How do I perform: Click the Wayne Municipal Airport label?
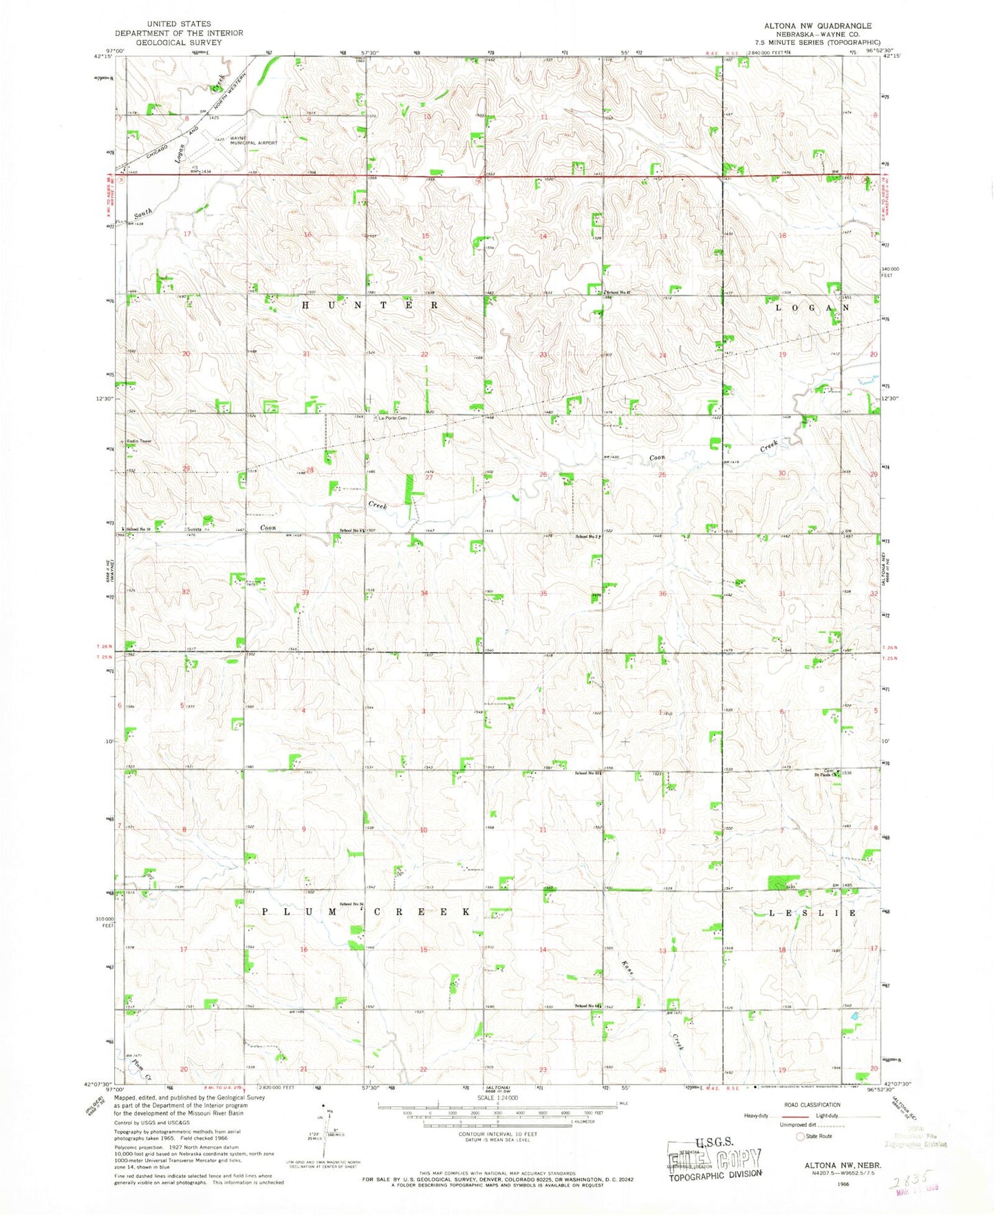253,140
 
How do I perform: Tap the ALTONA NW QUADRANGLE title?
817,25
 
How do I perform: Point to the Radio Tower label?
138,441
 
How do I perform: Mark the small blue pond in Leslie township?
854,1015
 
